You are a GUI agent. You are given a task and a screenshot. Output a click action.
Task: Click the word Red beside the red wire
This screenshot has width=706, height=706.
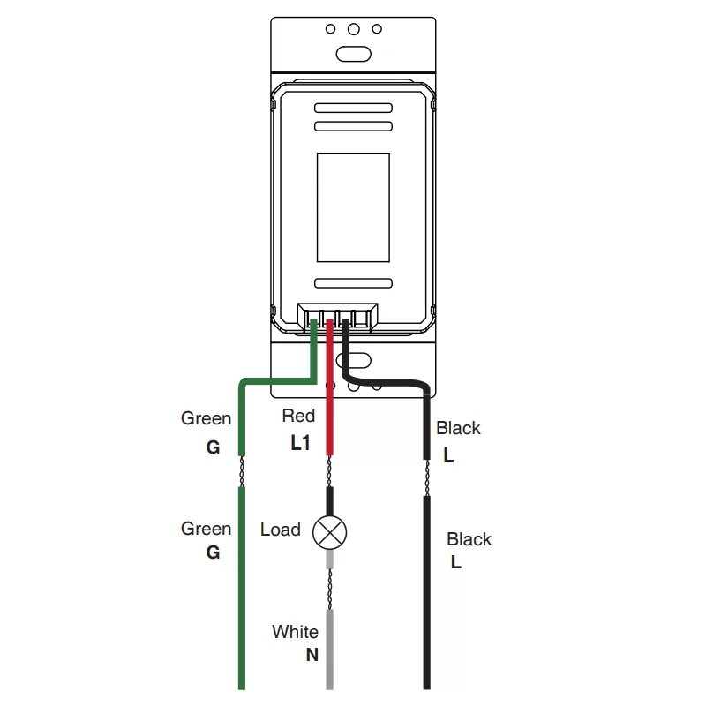pos(298,416)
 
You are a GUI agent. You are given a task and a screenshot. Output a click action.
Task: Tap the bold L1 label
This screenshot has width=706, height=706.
pos(300,443)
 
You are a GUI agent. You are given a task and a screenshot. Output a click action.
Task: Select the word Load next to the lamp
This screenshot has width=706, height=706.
pos(280,529)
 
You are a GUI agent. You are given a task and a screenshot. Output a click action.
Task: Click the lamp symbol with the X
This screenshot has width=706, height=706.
pos(329,533)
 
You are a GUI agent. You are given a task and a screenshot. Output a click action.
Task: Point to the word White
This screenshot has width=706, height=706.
pos(295,632)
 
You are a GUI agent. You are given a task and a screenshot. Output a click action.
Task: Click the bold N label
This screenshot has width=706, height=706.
pos(312,655)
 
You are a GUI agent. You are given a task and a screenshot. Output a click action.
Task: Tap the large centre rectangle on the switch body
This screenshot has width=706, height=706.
pos(353,207)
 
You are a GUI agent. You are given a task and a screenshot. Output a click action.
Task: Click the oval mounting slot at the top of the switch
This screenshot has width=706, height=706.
pos(354,54)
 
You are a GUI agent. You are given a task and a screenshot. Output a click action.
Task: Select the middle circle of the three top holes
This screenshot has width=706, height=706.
pos(354,29)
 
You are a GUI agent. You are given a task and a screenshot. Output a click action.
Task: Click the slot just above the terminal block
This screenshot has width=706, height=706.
pos(353,283)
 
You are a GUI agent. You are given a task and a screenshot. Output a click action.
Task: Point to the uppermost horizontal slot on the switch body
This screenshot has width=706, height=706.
pos(353,108)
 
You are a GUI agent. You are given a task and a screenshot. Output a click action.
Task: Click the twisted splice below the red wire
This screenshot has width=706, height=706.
pos(329,471)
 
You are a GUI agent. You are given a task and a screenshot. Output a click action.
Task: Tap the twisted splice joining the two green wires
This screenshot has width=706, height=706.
pos(242,471)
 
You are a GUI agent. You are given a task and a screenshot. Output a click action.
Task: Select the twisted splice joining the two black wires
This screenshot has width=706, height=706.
pos(427,477)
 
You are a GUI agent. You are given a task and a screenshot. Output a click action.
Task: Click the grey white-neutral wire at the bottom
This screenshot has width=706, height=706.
pos(329,649)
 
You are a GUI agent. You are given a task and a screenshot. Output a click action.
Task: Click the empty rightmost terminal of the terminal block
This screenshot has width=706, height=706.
pos(361,319)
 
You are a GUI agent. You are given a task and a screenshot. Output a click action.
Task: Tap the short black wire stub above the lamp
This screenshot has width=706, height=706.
pos(329,501)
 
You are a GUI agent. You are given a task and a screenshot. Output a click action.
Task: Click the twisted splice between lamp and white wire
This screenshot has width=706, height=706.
pos(329,589)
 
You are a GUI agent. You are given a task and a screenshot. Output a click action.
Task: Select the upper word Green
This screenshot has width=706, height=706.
pos(206,418)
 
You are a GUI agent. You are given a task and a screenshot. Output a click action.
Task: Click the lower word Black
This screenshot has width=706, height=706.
pos(469,539)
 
